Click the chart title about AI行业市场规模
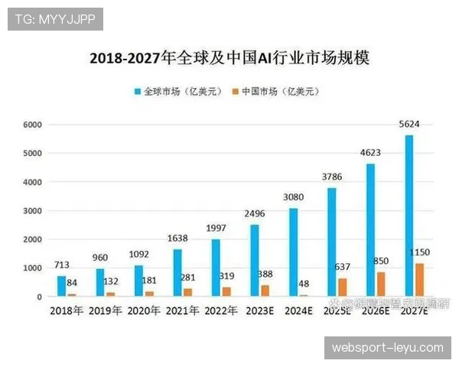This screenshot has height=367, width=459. click(x=229, y=59)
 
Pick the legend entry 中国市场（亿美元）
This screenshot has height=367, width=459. click(x=278, y=92)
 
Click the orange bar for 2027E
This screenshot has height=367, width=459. click(x=420, y=280)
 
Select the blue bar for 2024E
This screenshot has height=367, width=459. click(x=293, y=252)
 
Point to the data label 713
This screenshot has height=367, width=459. click(x=62, y=265)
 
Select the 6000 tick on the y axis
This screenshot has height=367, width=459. click(x=31, y=125)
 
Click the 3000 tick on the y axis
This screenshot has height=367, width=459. click(x=31, y=210)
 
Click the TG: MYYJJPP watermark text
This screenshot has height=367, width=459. click(x=55, y=19)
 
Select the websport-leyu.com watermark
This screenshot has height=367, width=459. click(x=387, y=348)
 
